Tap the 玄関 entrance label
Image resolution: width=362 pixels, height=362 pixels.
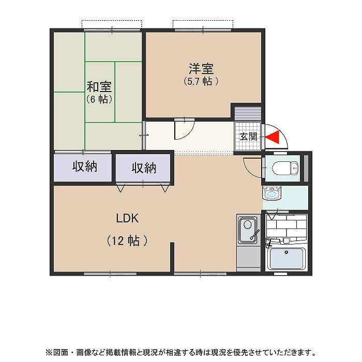(248, 137)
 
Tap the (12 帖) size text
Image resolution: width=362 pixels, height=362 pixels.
(127, 240)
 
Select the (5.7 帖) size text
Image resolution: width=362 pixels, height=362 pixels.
(201, 81)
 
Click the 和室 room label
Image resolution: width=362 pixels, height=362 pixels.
(99, 87)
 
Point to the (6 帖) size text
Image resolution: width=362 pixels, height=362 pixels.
(99, 99)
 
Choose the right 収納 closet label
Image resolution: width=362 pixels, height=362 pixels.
(144, 168)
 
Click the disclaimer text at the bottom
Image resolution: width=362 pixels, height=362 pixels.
(180, 353)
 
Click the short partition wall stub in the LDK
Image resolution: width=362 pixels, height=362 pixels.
(172, 256)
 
